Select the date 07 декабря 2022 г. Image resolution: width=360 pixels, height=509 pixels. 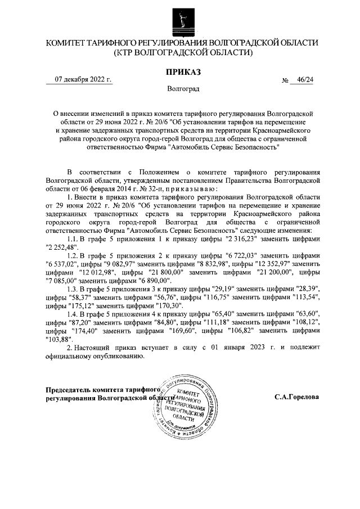pyautogui.click(x=83, y=79)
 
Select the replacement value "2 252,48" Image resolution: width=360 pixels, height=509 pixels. pyautogui.click(x=64, y=248)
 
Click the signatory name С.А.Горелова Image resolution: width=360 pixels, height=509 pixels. pyautogui.click(x=296, y=397)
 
